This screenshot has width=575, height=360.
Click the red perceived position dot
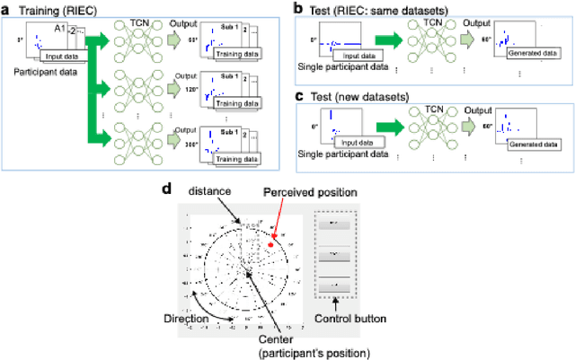(x=270, y=243)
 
